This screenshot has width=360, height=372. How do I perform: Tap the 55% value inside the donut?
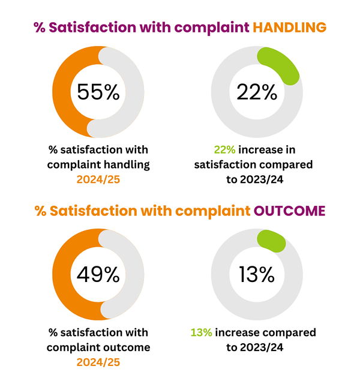click(98, 92)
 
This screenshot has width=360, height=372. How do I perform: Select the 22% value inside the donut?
click(256, 92)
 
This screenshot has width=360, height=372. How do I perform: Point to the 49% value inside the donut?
click(98, 275)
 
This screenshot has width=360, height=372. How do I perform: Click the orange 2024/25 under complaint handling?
click(98, 178)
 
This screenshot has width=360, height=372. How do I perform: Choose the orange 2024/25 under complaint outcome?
click(98, 362)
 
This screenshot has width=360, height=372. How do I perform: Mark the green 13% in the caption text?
click(201, 332)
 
